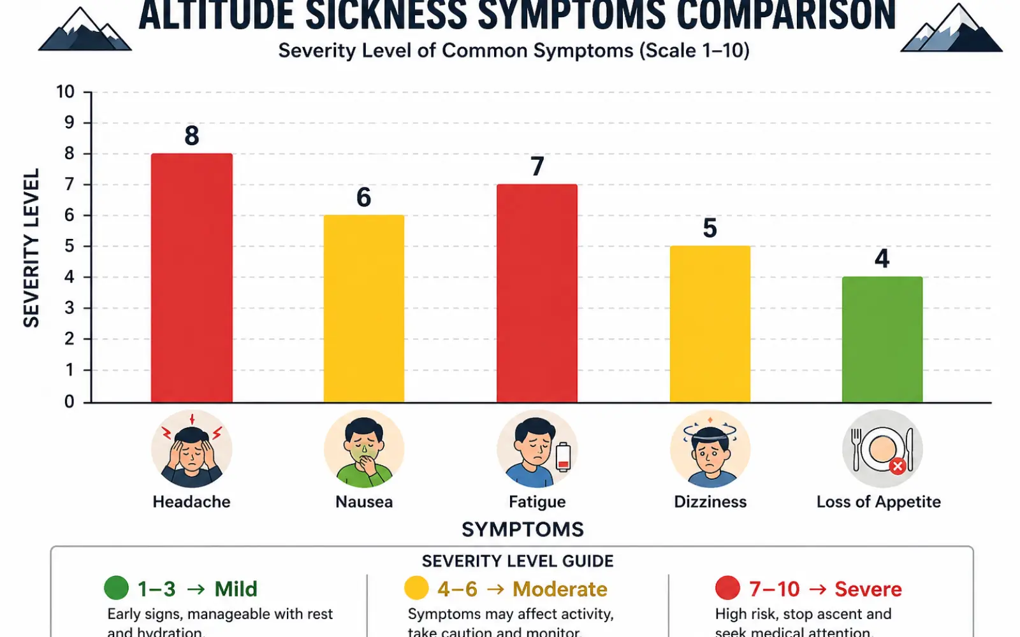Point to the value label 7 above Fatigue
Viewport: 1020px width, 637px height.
coord(537,167)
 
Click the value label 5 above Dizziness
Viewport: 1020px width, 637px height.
coord(710,228)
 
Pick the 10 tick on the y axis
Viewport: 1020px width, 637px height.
coord(66,92)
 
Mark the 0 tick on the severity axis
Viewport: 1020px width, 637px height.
coord(69,401)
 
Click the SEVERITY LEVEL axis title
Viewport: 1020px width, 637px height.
coord(31,248)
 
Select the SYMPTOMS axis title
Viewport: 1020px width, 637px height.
coord(522,529)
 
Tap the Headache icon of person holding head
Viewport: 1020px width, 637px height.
coord(191,450)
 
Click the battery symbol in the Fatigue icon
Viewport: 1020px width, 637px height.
coord(563,456)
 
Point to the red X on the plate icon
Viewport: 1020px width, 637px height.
coord(898,466)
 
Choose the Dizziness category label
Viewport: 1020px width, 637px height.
coord(710,502)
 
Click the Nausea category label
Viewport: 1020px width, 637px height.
coord(364,502)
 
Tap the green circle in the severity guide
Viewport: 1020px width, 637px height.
coord(116,588)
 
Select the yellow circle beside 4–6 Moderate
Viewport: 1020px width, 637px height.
coord(416,588)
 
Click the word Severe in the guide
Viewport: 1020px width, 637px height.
coord(868,589)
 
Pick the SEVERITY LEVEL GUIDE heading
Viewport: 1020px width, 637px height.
coord(517,561)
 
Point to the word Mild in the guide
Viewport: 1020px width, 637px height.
coord(235,589)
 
